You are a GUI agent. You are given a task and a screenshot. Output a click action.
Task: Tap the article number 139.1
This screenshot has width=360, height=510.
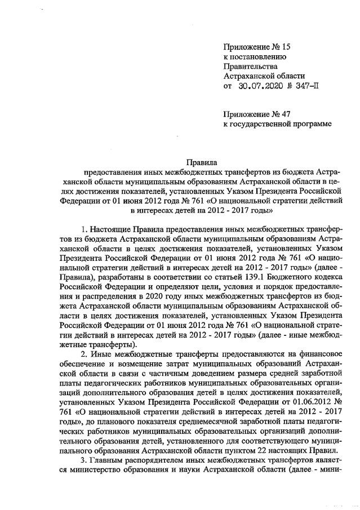[243, 277]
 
